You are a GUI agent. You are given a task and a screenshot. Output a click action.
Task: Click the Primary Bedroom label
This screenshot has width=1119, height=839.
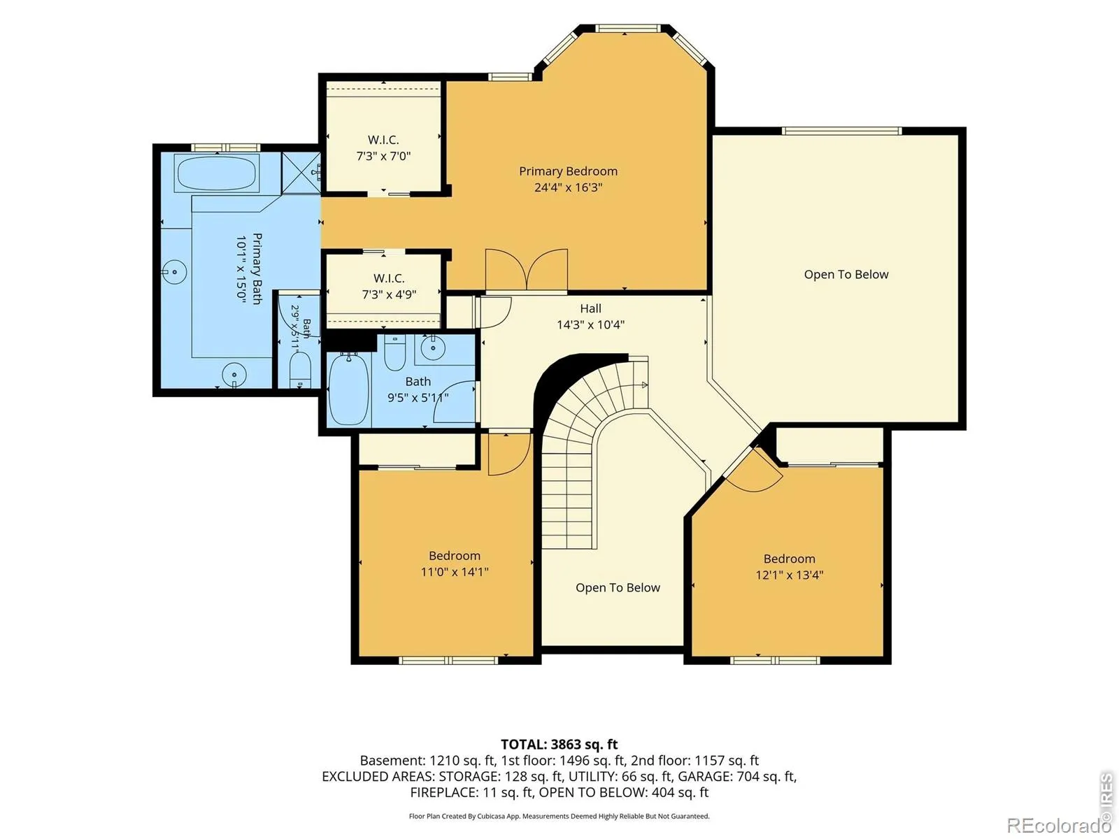568,171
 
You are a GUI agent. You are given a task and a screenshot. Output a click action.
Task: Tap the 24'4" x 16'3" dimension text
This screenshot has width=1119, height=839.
568,187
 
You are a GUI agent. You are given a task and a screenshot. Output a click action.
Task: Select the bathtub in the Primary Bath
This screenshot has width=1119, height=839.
217,173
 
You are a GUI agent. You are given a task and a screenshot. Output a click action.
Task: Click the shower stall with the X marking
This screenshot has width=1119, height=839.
301,173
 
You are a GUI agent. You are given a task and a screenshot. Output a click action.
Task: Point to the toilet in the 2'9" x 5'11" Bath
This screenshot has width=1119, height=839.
300,370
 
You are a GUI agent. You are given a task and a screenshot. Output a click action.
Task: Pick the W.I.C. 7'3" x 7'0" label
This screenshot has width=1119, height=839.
383,148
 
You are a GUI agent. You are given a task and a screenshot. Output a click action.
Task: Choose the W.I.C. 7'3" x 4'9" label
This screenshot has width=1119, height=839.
389,286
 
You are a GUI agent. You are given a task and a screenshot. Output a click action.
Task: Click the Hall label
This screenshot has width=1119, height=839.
590,308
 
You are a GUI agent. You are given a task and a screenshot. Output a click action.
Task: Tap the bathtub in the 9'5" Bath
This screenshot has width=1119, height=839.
349,389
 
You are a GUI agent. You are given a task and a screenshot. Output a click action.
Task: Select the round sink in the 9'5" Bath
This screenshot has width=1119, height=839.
433,348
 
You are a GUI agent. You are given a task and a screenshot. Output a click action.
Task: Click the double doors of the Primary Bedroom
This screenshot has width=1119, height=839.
527,270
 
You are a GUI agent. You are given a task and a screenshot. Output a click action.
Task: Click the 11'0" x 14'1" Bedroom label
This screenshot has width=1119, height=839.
454,564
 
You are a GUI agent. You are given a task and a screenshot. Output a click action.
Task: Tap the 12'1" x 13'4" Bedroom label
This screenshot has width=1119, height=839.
789,566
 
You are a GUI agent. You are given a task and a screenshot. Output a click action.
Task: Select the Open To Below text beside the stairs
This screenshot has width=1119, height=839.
618,587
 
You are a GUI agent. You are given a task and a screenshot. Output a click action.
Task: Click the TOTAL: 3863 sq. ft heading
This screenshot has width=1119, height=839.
559,744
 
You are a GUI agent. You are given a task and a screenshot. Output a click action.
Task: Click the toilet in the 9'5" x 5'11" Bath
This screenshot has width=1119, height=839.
394,352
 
